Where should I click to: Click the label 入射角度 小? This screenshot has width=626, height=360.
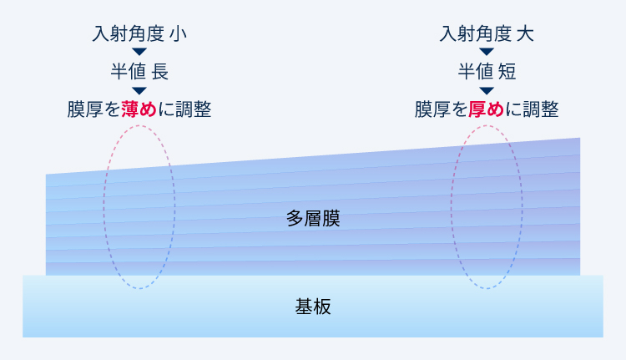(139, 33)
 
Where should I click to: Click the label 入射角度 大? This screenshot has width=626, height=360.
(487, 33)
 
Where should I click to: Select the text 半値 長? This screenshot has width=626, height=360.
(139, 72)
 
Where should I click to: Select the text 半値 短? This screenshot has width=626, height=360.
(487, 72)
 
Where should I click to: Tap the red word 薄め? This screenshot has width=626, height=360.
(139, 109)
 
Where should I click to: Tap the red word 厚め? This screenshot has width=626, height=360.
(487, 109)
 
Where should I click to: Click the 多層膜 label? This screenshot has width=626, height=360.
(313, 219)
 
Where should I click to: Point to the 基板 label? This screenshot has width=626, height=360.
(313, 307)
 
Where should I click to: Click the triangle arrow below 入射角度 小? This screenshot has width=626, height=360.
(139, 52)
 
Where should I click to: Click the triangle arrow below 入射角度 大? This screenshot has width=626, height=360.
(487, 52)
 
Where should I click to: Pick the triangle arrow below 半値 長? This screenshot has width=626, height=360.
(139, 91)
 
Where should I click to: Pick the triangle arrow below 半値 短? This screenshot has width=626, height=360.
(487, 91)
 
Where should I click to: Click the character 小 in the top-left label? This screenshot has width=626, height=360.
(178, 34)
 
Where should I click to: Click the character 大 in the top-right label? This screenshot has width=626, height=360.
(525, 34)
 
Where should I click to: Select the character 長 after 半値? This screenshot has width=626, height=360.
(160, 72)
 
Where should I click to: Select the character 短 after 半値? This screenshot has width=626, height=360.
(507, 72)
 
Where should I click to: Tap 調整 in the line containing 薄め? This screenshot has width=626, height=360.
(194, 109)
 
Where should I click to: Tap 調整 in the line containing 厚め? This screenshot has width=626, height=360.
(541, 109)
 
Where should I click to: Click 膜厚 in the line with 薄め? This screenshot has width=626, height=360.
(85, 109)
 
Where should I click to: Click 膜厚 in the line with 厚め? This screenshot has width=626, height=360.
(432, 109)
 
